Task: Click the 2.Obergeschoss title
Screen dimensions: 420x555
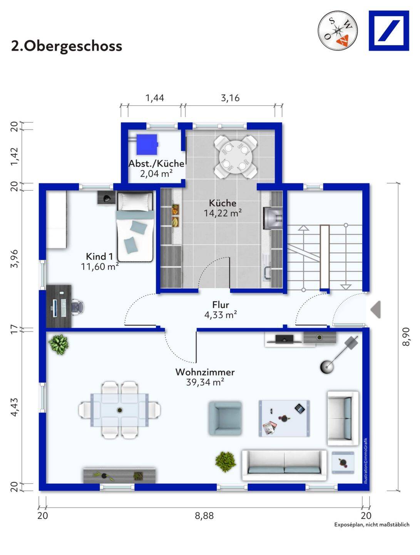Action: click(67, 46)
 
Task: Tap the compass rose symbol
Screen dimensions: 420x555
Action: click(337, 30)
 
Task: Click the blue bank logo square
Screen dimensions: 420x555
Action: click(389, 30)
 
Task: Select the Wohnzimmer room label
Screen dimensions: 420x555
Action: click(205, 372)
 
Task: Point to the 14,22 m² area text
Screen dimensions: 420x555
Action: click(223, 213)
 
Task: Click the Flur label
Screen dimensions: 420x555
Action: click(221, 304)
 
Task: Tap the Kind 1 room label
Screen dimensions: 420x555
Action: click(99, 256)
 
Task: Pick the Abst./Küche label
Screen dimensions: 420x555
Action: click(156, 163)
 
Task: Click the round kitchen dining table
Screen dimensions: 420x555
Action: click(236, 157)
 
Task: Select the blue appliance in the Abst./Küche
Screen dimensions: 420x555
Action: click(147, 144)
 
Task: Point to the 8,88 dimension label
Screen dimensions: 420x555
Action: click(204, 516)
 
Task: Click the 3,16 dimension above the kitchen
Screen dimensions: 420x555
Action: click(230, 98)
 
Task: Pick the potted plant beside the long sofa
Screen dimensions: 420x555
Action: click(226, 462)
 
